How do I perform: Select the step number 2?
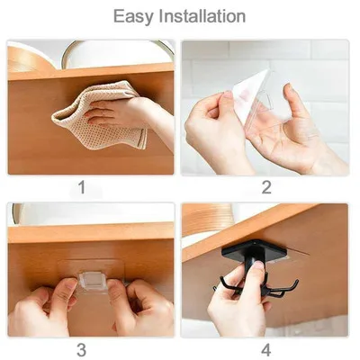click(x=266, y=187)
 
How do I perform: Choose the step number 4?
click(x=266, y=349)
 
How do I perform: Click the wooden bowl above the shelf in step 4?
click(x=206, y=219)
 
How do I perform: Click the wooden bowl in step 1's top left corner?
click(x=27, y=58)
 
